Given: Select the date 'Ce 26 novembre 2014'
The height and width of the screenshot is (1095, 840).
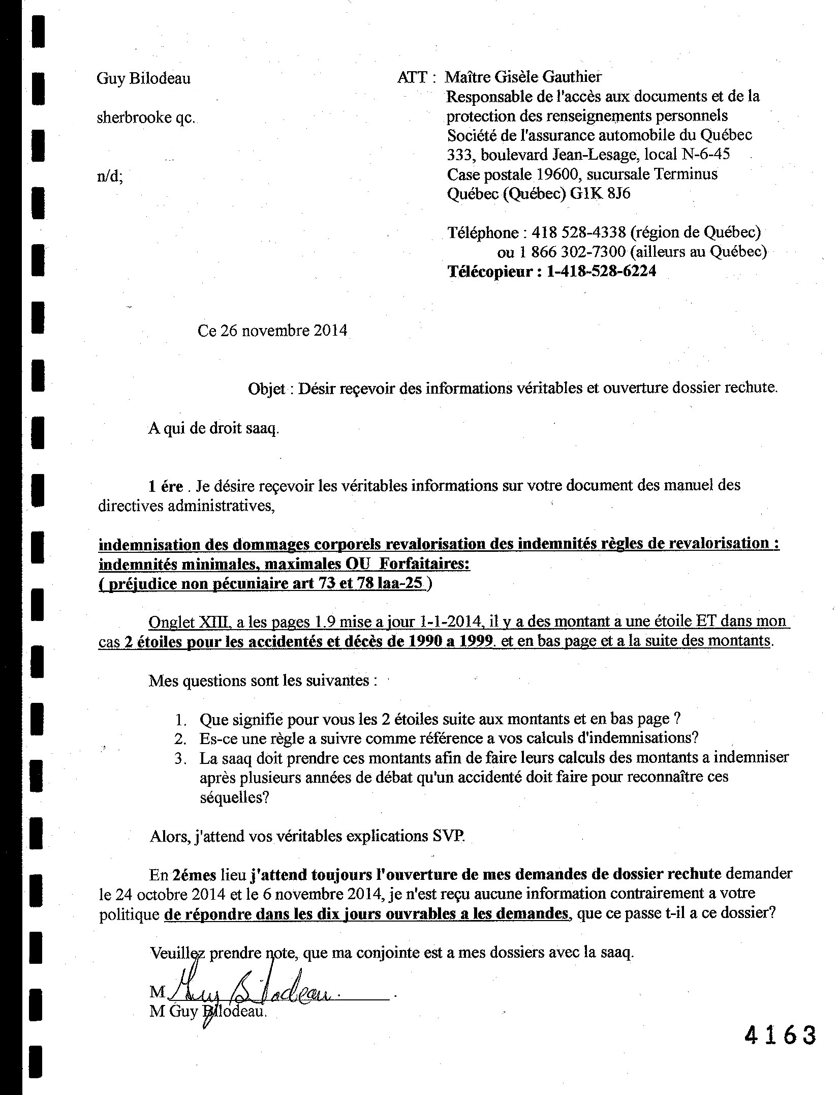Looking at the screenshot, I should coord(272,331).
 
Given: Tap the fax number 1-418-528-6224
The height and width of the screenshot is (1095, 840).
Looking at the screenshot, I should coord(601,271).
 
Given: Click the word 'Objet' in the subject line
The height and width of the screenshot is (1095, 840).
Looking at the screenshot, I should coord(266,389).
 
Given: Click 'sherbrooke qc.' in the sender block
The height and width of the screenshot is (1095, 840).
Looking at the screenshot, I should coord(146,117).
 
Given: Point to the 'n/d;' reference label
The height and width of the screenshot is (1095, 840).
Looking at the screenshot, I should coord(110,176).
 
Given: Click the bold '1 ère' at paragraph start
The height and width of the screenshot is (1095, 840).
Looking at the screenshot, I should coord(165,486).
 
